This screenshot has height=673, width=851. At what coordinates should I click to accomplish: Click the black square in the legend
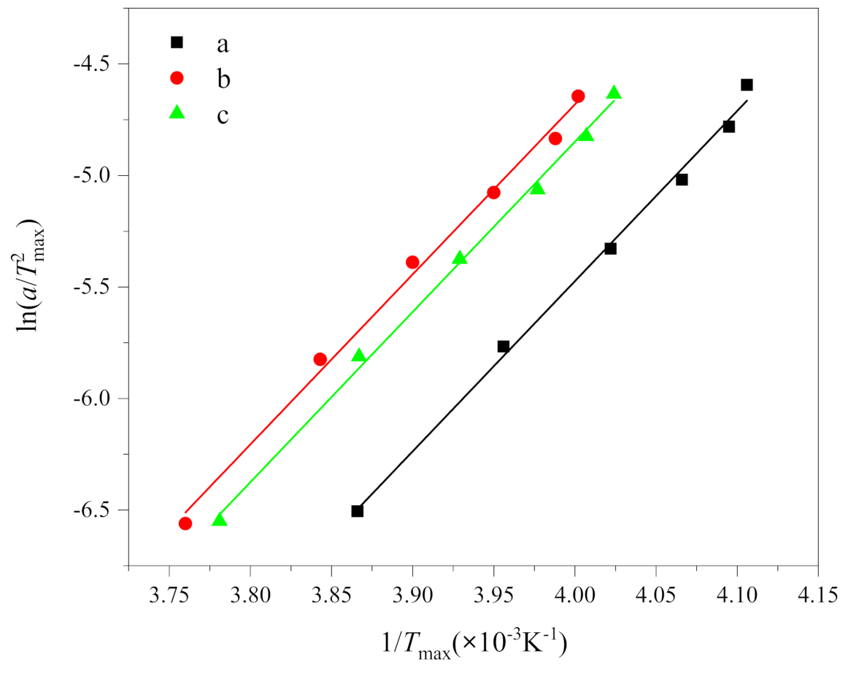coord(177,42)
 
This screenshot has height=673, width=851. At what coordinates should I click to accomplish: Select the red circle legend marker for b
coord(177,77)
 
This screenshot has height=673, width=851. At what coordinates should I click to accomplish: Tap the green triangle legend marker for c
coord(177,112)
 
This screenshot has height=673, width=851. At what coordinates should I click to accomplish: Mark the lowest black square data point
coord(357,511)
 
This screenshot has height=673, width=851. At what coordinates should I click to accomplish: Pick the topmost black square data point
coord(747,85)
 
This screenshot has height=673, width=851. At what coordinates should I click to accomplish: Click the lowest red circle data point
coord(185,523)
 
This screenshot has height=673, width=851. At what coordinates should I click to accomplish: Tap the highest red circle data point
coord(578,96)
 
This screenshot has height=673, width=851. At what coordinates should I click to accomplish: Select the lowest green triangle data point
coord(219,520)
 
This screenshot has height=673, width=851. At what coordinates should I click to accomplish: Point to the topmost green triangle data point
coord(614,93)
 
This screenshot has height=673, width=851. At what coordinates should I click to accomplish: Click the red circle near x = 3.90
coord(412,262)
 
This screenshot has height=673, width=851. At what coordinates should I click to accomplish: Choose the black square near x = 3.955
coord(503,346)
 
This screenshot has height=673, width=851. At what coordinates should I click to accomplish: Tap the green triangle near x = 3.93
coord(460,258)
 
